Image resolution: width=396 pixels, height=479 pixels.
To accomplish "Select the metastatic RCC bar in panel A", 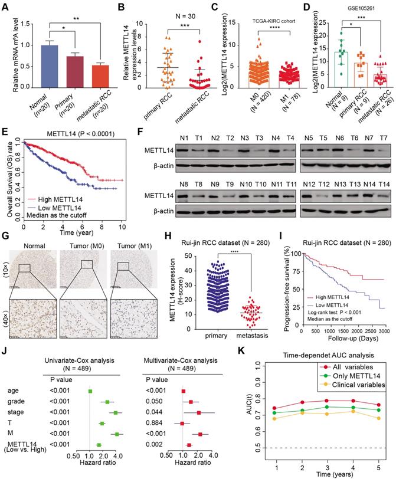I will pyautogui.click(x=94, y=77).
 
